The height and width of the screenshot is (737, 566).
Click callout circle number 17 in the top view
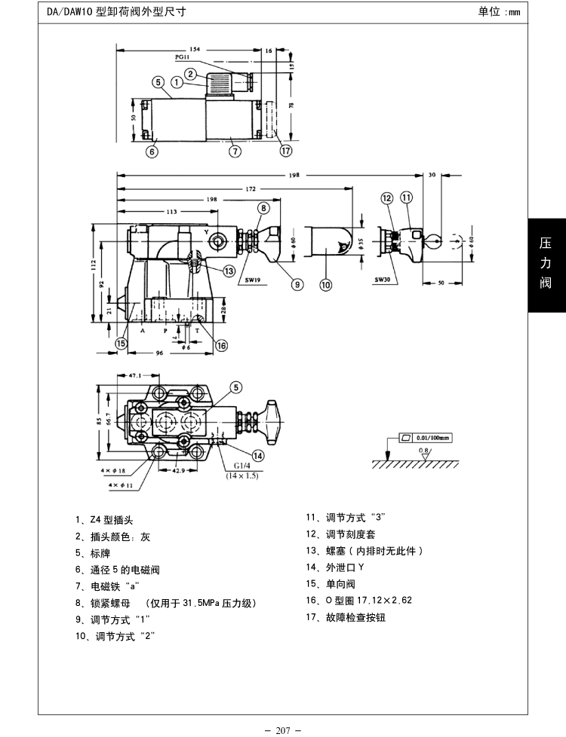point(285,151)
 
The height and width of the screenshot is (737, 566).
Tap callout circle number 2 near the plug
point(191,74)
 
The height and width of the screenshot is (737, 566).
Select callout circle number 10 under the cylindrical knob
point(326,284)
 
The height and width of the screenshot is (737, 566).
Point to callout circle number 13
point(227,271)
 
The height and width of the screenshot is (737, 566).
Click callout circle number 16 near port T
point(221,345)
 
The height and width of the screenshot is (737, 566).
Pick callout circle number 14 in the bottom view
point(258,455)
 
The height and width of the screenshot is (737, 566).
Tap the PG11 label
point(182,57)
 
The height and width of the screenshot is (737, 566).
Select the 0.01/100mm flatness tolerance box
point(423,437)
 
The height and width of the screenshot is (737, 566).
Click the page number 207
point(283,729)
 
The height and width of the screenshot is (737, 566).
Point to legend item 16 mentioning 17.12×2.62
point(358,601)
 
